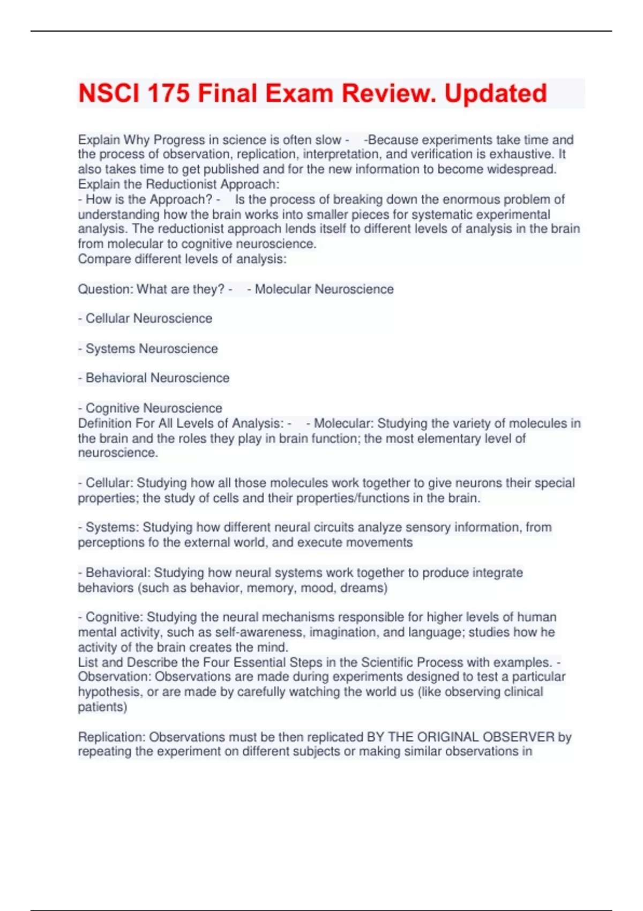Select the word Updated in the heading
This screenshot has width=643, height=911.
(496, 93)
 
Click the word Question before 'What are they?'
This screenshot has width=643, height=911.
(105, 289)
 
